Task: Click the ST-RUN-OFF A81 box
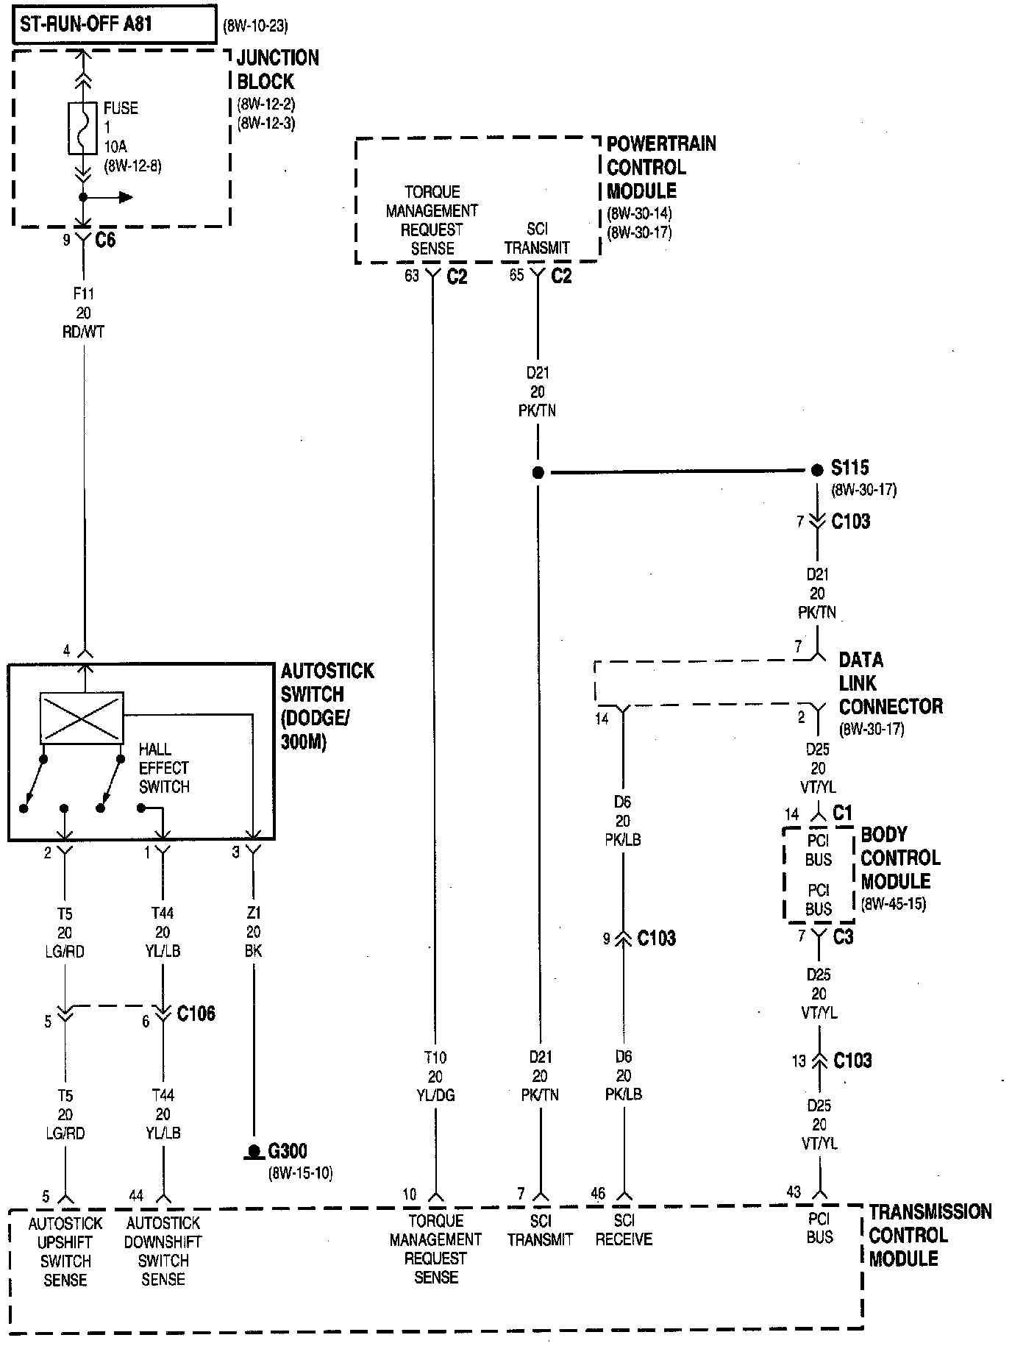114,26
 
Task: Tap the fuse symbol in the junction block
83,129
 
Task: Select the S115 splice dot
817,470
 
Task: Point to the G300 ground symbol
254,1152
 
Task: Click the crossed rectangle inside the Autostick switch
81,717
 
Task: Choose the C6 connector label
105,241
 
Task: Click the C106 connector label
196,1014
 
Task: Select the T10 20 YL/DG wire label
435,1076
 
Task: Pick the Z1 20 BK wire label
253,932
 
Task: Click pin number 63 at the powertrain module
412,276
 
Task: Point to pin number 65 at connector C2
516,276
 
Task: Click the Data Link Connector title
890,683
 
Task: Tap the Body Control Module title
900,858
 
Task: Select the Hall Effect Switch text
164,768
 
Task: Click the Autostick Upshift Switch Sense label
65,1251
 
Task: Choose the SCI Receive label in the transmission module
624,1230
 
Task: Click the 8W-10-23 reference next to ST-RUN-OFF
255,27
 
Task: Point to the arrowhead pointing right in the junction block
126,197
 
